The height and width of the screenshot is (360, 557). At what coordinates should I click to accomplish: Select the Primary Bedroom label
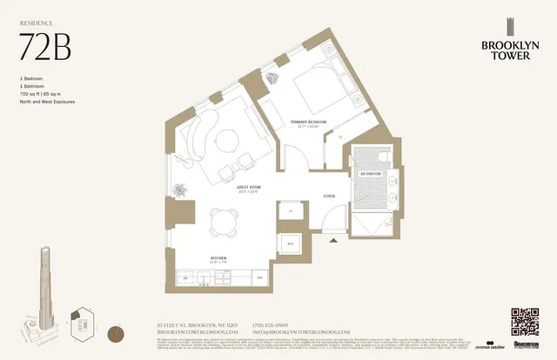(x=308, y=123)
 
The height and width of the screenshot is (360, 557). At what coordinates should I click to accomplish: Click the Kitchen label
(x=218, y=258)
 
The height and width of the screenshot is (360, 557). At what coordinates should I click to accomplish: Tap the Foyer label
(x=328, y=197)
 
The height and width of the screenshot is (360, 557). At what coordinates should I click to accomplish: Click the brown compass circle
(x=117, y=332)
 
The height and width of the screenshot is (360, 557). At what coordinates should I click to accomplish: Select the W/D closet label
(x=290, y=243)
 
